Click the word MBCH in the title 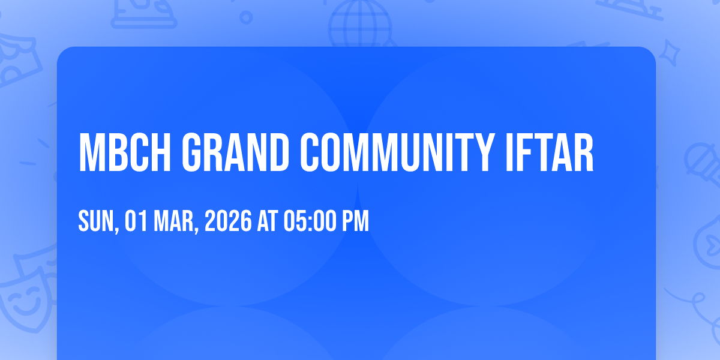pos(125,152)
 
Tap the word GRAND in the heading pos(235,152)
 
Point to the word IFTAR pos(550,152)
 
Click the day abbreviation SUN pos(97,221)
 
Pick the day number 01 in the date pos(136,221)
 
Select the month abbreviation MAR pos(173,221)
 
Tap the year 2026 pos(228,221)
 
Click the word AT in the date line pos(268,221)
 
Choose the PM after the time pos(355,221)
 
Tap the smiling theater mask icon pos(28,293)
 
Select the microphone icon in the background pos(703,164)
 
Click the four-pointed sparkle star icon pos(670,53)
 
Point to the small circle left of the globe pos(246,17)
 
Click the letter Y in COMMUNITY pos(482,152)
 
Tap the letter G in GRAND pos(191,152)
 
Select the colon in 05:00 pos(310,223)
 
